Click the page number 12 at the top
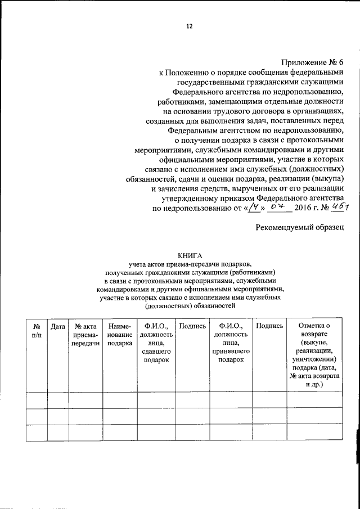pos(189,26)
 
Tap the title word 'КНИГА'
pos(188,255)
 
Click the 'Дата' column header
pos(57,326)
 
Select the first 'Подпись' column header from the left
pos(192,326)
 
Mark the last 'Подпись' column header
pos(269,326)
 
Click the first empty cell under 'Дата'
pos(57,400)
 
